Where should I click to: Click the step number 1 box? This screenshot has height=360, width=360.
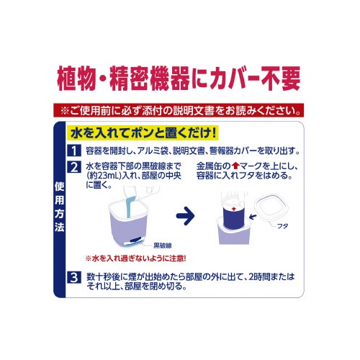pos(74,150)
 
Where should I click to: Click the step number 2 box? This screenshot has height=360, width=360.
pos(74,167)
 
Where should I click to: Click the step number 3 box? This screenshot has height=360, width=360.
pos(74,277)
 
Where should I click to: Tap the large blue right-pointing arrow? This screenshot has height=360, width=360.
pos(185,216)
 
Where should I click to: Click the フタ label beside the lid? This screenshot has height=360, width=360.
pos(282,226)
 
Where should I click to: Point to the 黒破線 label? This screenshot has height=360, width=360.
pos(163,246)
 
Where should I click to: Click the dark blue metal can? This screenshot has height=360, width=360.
pos(233,218)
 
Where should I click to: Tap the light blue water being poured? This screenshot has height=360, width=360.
pos(130,207)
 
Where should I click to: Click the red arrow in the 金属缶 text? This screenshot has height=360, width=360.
pos(236,166)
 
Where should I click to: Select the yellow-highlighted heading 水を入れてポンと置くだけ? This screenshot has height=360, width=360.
pos(143,133)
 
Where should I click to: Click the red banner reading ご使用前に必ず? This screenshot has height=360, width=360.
pos(179,110)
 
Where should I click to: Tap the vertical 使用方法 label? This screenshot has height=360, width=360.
pos(59,207)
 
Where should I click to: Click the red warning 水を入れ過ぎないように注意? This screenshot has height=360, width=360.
pos(135,258)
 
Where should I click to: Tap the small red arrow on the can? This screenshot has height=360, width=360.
pos(235,209)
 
